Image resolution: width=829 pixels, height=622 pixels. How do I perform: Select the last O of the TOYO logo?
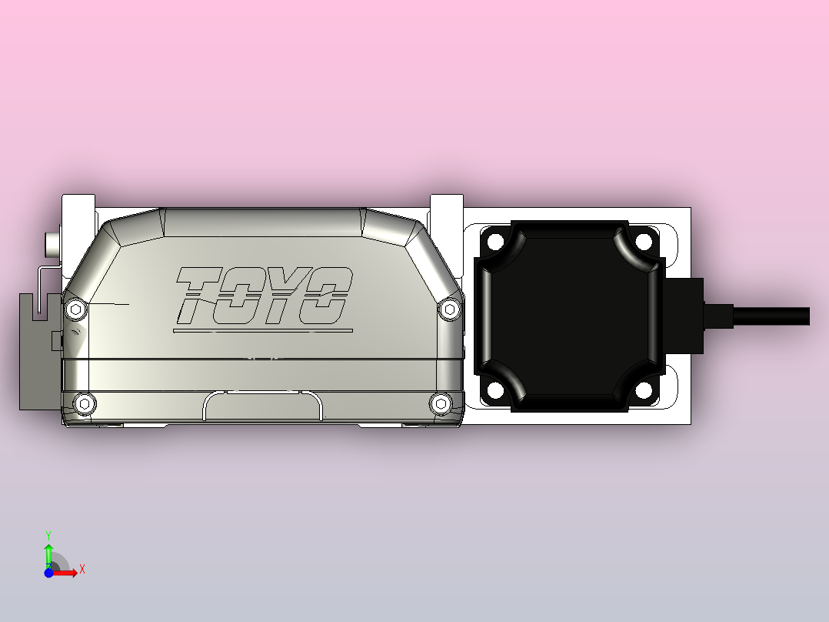pyautogui.click(x=327, y=296)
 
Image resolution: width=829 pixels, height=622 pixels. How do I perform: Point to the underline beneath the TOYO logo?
pyautogui.click(x=262, y=331)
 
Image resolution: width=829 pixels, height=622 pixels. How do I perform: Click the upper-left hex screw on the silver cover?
pyautogui.click(x=75, y=309)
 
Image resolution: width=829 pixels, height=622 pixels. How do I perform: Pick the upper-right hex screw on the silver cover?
pyautogui.click(x=449, y=309)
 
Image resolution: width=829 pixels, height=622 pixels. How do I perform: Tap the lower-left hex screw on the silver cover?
pyautogui.click(x=84, y=402)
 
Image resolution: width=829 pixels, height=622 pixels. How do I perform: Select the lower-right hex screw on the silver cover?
pyautogui.click(x=440, y=403)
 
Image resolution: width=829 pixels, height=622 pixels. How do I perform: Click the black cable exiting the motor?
pyautogui.click(x=769, y=316)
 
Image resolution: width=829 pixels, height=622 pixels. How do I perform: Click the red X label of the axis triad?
pyautogui.click(x=82, y=570)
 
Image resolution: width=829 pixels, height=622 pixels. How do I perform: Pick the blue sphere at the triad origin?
pyautogui.click(x=48, y=573)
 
